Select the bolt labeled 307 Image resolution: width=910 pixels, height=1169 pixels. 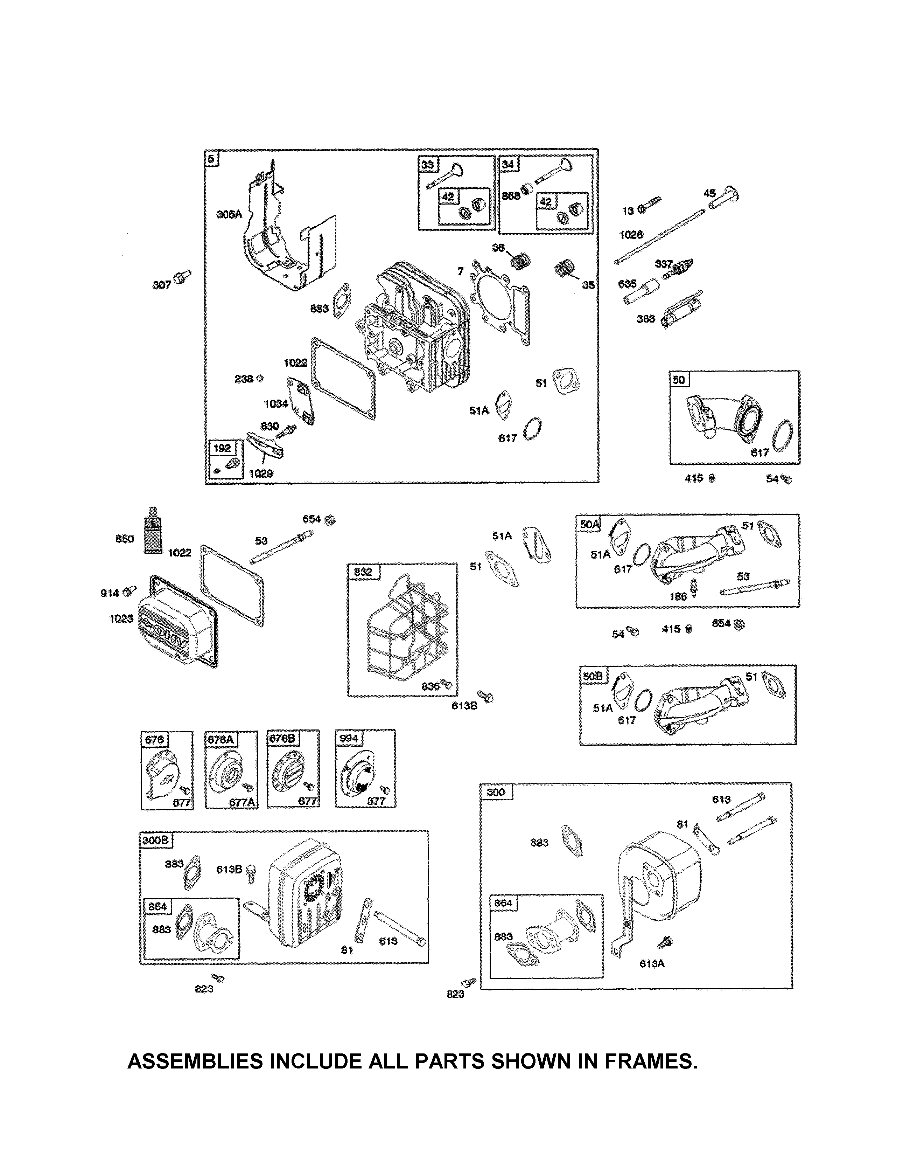pyautogui.click(x=183, y=277)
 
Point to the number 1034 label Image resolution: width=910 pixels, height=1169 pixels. pyautogui.click(x=275, y=403)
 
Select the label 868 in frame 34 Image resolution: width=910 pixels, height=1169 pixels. pyautogui.click(x=510, y=196)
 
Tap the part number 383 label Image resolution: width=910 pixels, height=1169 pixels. pyautogui.click(x=646, y=319)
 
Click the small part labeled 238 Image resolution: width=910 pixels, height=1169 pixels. pyautogui.click(x=260, y=379)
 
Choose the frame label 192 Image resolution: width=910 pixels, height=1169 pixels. pyautogui.click(x=222, y=448)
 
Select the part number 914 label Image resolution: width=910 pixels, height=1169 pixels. pyautogui.click(x=110, y=593)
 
